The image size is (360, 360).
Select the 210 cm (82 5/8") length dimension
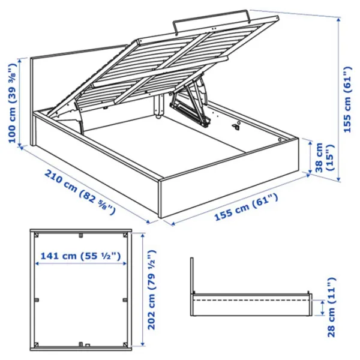pos(79,193)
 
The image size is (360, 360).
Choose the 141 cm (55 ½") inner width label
pos(80,256)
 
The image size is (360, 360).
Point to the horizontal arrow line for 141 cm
pos(80,265)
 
